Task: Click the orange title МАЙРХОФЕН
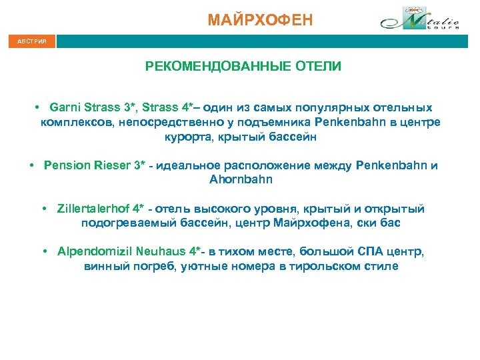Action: [259, 20]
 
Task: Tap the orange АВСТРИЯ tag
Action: [32, 41]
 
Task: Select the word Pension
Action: [65, 165]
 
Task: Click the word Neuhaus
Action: [158, 252]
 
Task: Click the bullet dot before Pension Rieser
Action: [32, 165]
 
